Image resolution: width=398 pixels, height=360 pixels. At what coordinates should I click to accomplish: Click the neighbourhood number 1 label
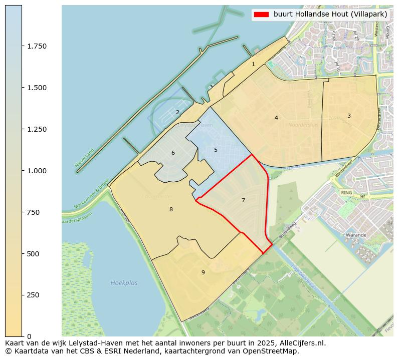point(253,64)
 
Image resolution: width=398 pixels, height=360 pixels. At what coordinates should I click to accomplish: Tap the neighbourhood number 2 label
point(177,112)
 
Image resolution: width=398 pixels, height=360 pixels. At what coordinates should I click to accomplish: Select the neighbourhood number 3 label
point(349,116)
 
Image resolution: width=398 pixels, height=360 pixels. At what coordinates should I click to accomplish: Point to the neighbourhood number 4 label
point(276,118)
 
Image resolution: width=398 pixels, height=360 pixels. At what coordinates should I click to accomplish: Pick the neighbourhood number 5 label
point(216,150)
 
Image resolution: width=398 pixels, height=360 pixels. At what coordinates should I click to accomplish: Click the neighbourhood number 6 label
point(173,153)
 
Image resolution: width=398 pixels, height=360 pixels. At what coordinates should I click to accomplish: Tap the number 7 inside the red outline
point(243,200)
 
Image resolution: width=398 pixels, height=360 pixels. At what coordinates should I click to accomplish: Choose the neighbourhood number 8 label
point(171,209)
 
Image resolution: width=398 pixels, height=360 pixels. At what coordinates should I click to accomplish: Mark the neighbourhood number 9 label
point(203,272)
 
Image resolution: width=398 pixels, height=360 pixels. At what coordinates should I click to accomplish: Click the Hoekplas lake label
point(124,283)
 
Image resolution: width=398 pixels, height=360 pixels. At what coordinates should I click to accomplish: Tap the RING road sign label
point(346,192)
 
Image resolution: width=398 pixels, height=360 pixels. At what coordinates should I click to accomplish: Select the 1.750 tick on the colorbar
point(37,46)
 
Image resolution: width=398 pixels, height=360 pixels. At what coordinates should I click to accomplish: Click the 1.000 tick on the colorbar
point(37,171)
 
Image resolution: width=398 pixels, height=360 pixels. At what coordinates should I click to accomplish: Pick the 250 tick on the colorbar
point(33,295)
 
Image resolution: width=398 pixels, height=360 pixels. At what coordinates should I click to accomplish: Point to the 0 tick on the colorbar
point(29,336)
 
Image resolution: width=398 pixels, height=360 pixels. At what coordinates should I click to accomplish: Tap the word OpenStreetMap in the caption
point(271,351)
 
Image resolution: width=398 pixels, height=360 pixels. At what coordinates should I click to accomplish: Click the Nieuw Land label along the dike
point(84,158)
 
